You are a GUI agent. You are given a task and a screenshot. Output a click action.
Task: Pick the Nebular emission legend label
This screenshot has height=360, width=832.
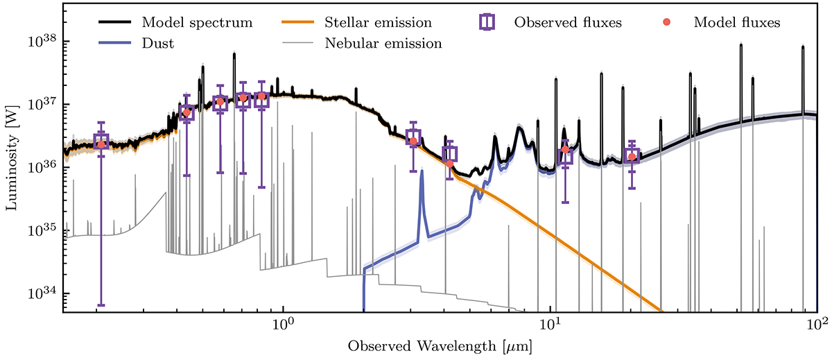click(383, 43)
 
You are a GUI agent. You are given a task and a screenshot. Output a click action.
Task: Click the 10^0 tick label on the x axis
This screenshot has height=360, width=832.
click(283, 325)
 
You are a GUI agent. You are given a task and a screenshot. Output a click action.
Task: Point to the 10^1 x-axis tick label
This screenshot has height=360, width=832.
click(550, 325)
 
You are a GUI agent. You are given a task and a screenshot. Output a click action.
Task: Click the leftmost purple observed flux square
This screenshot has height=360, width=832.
click(101, 142)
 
